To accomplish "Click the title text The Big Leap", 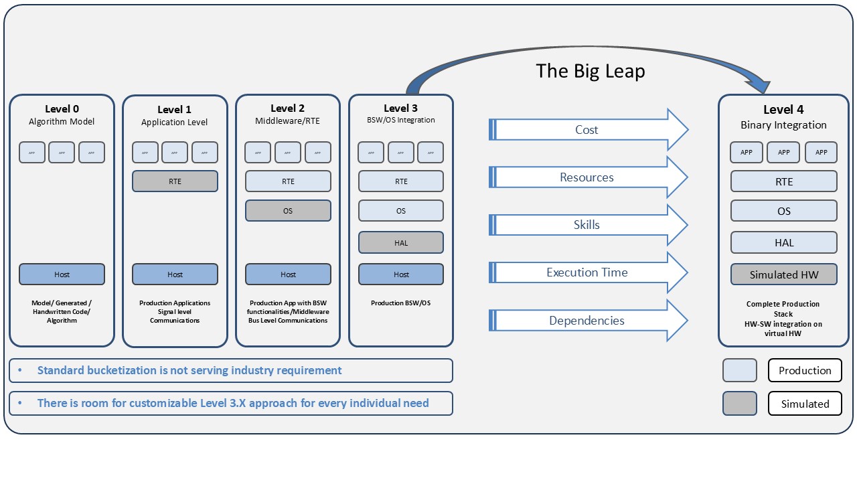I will [590, 71].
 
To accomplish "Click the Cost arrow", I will [587, 130].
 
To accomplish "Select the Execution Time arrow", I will [587, 272].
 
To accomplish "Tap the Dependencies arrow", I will [587, 321].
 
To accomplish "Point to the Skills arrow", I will [587, 225].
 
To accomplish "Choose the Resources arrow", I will [587, 177].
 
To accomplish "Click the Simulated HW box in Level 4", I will [783, 274].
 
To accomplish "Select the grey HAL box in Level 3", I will [400, 242].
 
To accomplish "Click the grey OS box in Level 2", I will [288, 211].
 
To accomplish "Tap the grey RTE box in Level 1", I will [175, 181].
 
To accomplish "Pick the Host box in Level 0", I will [62, 274].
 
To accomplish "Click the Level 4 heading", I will [783, 110].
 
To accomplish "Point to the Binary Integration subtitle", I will [783, 125].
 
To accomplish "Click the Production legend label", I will [805, 370].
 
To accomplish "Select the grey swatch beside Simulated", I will [739, 404].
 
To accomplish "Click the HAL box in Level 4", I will [783, 242].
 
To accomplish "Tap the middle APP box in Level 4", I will [783, 153].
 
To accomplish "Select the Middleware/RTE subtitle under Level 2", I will [288, 121].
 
